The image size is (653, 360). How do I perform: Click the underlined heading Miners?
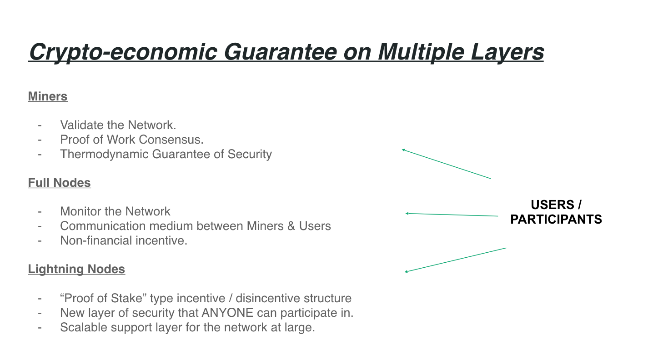48,96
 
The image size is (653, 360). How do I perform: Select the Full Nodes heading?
59,183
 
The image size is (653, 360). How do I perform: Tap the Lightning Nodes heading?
76,269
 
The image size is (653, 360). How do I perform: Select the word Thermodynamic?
104,154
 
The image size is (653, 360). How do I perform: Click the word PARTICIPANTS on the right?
556,219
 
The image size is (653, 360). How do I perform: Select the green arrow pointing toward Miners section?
446,164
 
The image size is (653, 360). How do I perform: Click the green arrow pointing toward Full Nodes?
451,215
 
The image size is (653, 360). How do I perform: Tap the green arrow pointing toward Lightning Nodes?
455,260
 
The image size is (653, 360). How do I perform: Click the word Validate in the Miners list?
77,125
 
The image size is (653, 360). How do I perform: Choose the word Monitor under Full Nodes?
78,211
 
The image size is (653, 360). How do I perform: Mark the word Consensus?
174,140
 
